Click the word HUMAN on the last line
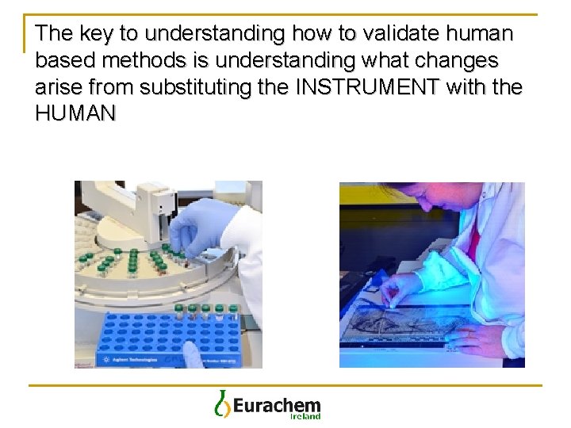[x=76, y=113]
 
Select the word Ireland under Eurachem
[x=305, y=416]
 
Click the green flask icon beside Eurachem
[x=221, y=403]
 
